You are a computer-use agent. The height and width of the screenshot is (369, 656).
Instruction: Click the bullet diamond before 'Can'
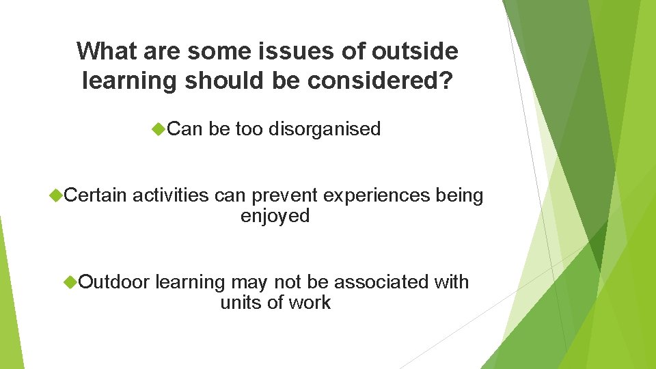pyautogui.click(x=159, y=129)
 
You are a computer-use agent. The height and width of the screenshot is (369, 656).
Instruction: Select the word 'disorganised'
pyautogui.click(x=325, y=129)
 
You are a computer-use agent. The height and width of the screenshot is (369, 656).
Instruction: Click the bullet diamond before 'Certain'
pyautogui.click(x=55, y=196)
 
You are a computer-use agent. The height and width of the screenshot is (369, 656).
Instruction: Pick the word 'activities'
pyautogui.click(x=171, y=196)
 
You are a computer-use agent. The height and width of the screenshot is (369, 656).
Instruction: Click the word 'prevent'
pyautogui.click(x=285, y=196)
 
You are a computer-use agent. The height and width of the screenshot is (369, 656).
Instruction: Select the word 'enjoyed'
pyautogui.click(x=275, y=217)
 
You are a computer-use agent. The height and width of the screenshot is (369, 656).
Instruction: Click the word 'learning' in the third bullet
pyautogui.click(x=190, y=282)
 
